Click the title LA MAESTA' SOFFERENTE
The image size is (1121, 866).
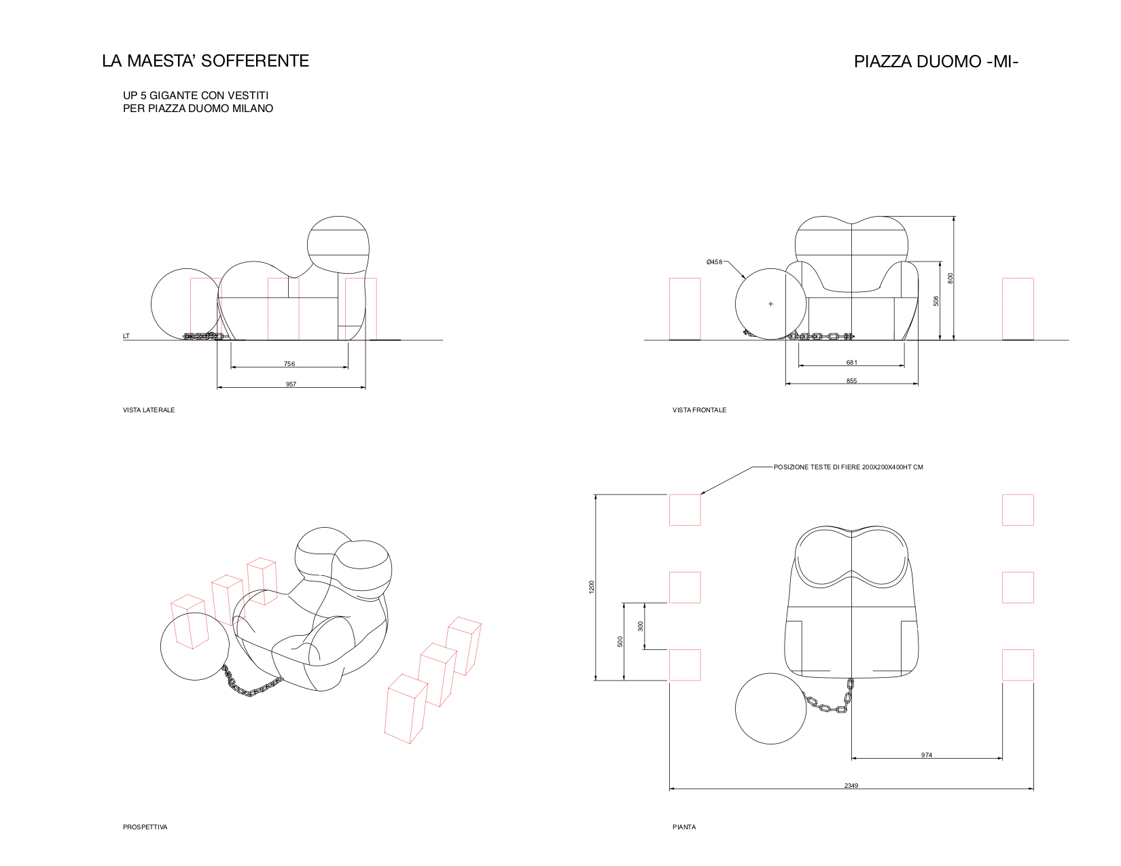205,61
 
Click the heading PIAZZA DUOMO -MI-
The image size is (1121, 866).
936,62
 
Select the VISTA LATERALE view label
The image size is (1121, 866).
149,410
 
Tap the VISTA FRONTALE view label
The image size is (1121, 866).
699,410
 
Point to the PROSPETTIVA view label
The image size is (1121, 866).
145,827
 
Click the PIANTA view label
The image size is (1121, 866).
684,827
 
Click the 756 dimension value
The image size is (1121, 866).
289,364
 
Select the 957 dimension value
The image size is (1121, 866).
291,384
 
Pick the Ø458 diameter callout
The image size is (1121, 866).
714,262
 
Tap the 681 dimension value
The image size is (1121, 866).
851,363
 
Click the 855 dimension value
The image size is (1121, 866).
851,381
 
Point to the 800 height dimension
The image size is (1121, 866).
950,278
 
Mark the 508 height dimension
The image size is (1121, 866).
936,300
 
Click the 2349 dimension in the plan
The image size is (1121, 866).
851,786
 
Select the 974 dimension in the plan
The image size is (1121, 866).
927,755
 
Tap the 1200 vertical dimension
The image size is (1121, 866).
591,587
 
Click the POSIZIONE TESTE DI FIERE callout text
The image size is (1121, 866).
848,467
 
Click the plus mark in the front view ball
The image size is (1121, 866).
770,304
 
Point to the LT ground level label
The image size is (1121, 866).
126,336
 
